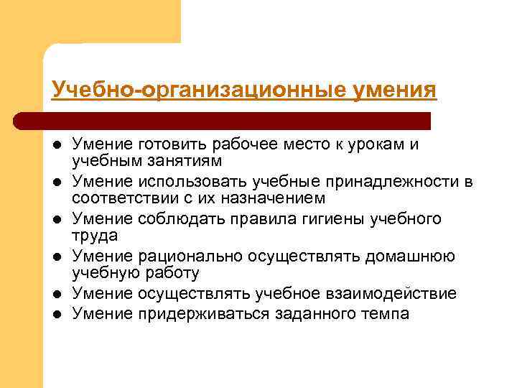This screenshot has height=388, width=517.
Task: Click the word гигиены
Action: tap(325, 219)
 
